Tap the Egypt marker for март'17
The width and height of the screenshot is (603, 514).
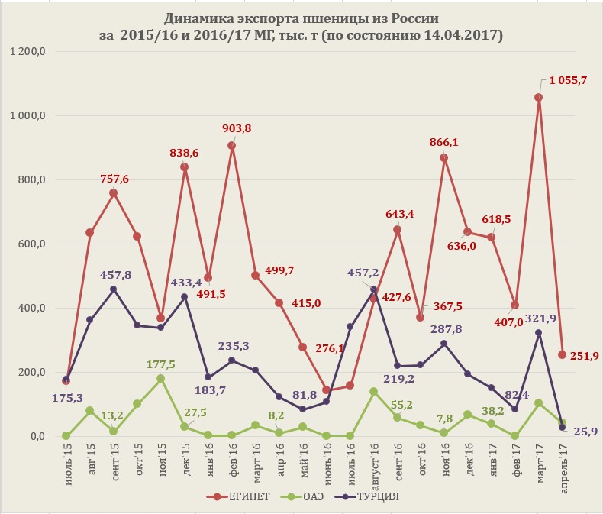539,98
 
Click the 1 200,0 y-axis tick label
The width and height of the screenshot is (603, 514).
28,51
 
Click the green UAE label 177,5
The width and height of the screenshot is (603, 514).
160,364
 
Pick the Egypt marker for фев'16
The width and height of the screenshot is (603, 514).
232,146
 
